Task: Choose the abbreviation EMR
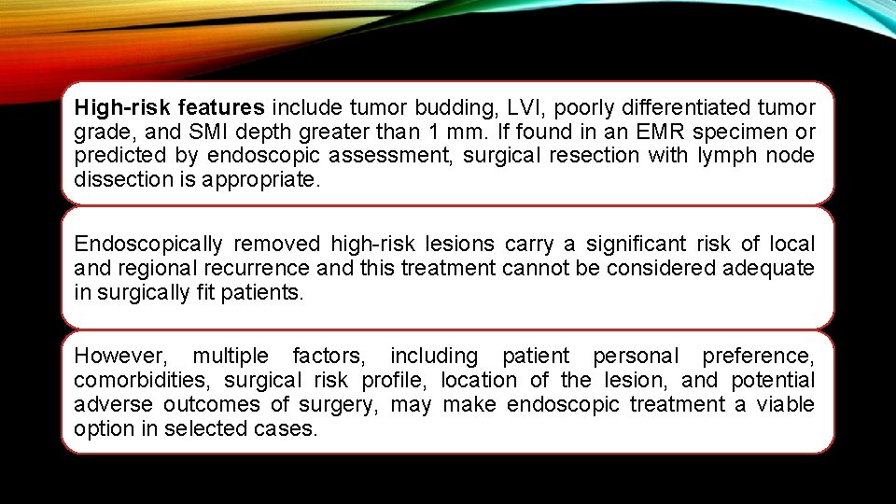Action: pos(634,132)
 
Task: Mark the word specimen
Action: pos(727,132)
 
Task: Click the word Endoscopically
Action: pos(148,245)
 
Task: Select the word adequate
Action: pos(766,269)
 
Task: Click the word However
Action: pos(119,357)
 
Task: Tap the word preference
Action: pos(758,357)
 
